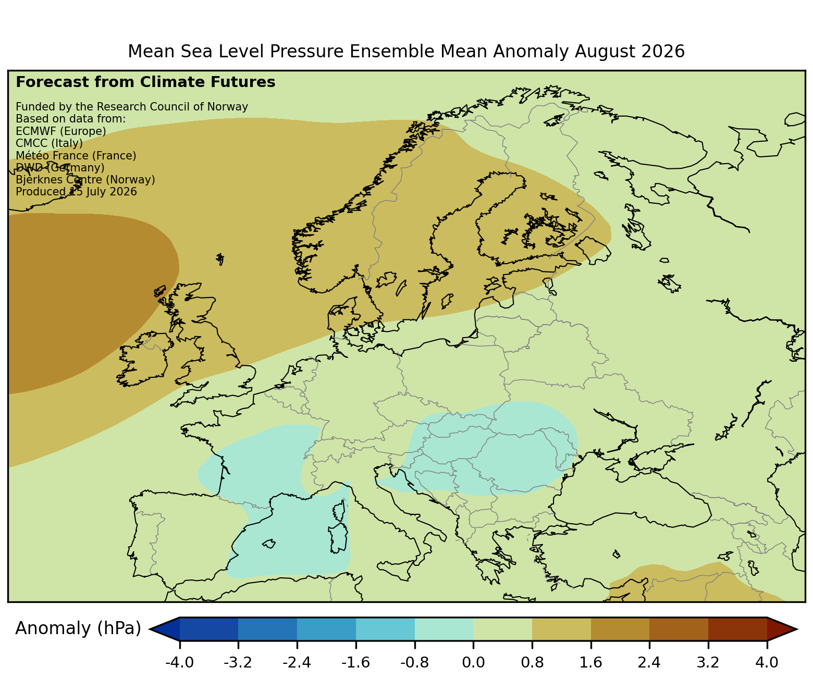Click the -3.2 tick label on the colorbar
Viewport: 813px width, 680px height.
[238, 662]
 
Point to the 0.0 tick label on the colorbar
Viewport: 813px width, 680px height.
[473, 662]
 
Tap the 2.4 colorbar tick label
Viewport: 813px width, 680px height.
[649, 662]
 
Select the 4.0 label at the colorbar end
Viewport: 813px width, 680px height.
[767, 662]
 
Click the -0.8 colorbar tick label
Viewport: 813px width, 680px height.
[414, 662]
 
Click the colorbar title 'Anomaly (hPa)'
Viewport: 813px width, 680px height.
[78, 628]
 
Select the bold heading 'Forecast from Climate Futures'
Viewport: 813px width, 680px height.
[145, 82]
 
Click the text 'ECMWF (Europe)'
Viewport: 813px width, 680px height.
[61, 131]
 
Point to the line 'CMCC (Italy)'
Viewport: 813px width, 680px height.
[49, 143]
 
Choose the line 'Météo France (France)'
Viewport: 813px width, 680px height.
[76, 156]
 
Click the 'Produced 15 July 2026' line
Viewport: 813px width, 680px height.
[76, 192]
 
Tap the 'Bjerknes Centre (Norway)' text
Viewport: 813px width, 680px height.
[85, 180]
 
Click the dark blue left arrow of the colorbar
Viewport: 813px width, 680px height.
[164, 629]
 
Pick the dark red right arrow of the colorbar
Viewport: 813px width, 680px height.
[782, 629]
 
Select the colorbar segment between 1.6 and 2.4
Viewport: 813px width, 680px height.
[620, 629]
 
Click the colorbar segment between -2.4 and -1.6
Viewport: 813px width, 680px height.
[326, 629]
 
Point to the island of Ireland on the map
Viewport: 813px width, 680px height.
[143, 359]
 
